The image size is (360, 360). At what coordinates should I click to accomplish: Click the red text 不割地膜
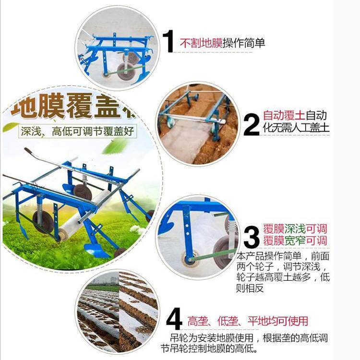(201, 43)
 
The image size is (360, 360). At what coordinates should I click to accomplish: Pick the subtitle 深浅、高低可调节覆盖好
(77, 130)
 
